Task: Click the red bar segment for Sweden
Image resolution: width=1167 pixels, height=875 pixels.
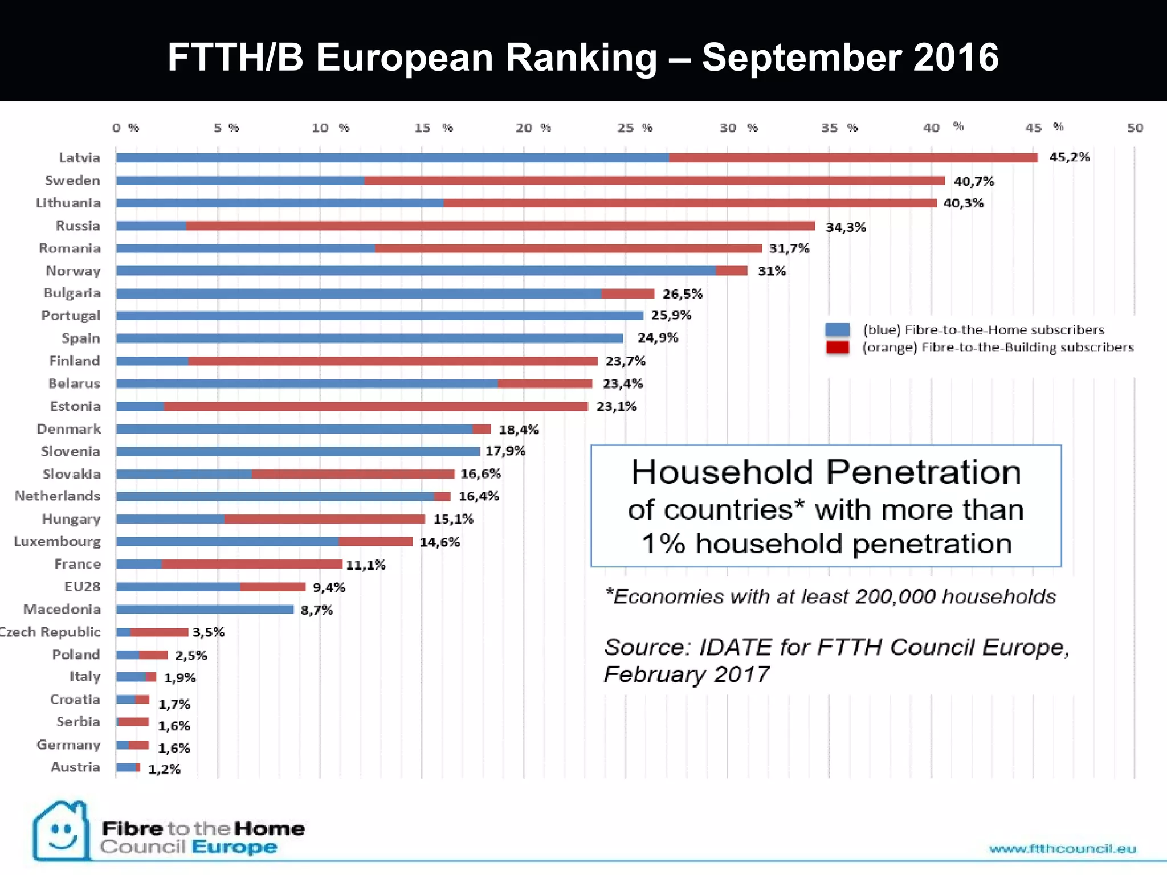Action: [654, 181]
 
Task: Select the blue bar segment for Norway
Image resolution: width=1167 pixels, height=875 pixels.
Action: [416, 271]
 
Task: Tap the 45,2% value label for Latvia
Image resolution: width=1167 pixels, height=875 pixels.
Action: [1069, 157]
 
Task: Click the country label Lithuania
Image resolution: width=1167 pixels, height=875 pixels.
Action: [68, 203]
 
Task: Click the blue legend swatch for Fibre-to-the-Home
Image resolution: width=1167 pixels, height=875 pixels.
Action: [837, 330]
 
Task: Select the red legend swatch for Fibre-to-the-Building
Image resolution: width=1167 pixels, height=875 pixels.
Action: [837, 347]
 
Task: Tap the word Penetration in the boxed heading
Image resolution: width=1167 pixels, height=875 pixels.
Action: [923, 472]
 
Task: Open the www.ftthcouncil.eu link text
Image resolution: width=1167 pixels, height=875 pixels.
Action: [1063, 849]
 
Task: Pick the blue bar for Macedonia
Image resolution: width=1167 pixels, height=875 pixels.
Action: [205, 610]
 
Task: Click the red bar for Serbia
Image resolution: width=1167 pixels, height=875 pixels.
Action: [133, 722]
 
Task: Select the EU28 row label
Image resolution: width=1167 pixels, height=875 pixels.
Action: [82, 587]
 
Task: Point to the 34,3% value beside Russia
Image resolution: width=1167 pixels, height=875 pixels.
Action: [846, 227]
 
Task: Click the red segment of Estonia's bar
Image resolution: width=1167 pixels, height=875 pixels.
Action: [376, 406]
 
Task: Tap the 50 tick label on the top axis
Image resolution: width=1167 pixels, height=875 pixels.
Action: [1135, 128]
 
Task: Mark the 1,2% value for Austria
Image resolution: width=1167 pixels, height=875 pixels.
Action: [164, 770]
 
